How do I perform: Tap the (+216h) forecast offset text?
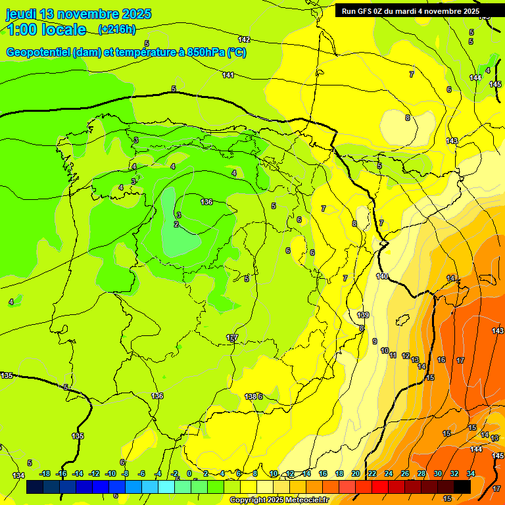tap(116, 29)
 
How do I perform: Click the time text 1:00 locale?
tap(46, 30)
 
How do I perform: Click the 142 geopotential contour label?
tap(244, 39)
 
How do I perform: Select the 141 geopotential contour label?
tap(228, 75)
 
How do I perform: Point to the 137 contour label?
tap(231, 337)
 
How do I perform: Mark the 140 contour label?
tap(382, 276)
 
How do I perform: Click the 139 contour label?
tap(363, 316)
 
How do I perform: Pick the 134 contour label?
tap(18, 475)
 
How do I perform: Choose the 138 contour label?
tap(250, 397)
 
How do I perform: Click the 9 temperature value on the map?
tap(375, 341)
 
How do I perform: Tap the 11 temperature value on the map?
tap(393, 355)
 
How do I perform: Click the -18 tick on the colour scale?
tap(45, 473)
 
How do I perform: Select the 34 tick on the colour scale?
tap(471, 473)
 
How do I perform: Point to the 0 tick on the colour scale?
tap(189, 473)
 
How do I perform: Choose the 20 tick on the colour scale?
tap(355, 473)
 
